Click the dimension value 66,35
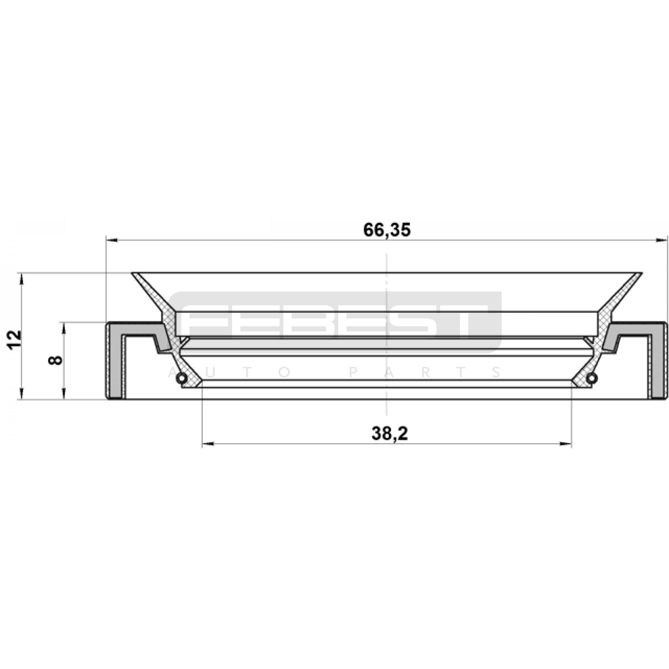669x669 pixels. [x=387, y=230]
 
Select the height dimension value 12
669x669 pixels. [x=15, y=340]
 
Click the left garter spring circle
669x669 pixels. [x=181, y=378]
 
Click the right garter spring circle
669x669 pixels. [x=591, y=378]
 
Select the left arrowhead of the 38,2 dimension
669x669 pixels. [x=208, y=444]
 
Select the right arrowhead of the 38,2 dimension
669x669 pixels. [x=566, y=444]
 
